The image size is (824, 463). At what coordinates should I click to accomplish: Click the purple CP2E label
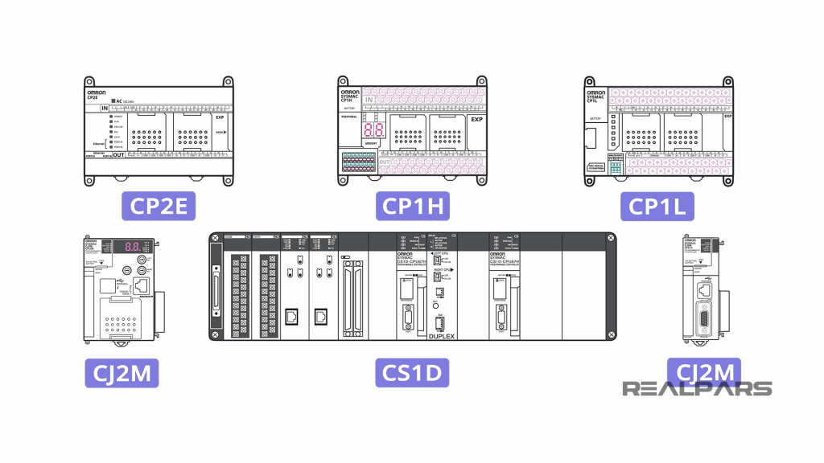[x=158, y=206]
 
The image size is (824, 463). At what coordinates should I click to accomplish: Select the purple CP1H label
[x=412, y=206]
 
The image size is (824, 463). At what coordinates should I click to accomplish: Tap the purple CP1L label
[x=657, y=206]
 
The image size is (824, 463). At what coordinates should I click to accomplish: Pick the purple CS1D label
[x=412, y=372]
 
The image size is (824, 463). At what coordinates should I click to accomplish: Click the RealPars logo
[x=697, y=389]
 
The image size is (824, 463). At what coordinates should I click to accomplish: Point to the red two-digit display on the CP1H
[x=373, y=129]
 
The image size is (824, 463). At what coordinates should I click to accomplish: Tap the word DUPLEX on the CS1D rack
[x=435, y=335]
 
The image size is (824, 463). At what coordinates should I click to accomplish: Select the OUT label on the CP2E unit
[x=117, y=155]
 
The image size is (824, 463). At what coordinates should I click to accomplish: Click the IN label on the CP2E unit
[x=104, y=108]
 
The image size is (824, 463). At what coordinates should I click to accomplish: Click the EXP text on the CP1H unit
[x=476, y=120]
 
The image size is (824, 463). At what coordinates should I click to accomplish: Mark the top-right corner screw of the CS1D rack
[x=608, y=238]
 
